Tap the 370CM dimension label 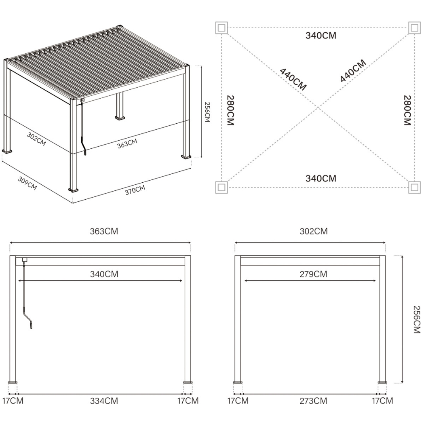point(135,190)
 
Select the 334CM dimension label point(104,401)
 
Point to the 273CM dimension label point(313,401)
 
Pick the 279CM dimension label point(313,274)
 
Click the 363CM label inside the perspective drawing point(127,143)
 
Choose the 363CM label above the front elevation point(104,231)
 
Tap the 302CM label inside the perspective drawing point(36,139)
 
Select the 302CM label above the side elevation point(313,231)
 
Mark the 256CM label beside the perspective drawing point(207,112)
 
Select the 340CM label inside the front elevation point(104,274)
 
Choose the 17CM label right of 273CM point(382,401)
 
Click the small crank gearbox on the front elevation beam point(24,260)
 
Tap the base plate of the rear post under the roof point(121,118)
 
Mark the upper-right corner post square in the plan point(414,28)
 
